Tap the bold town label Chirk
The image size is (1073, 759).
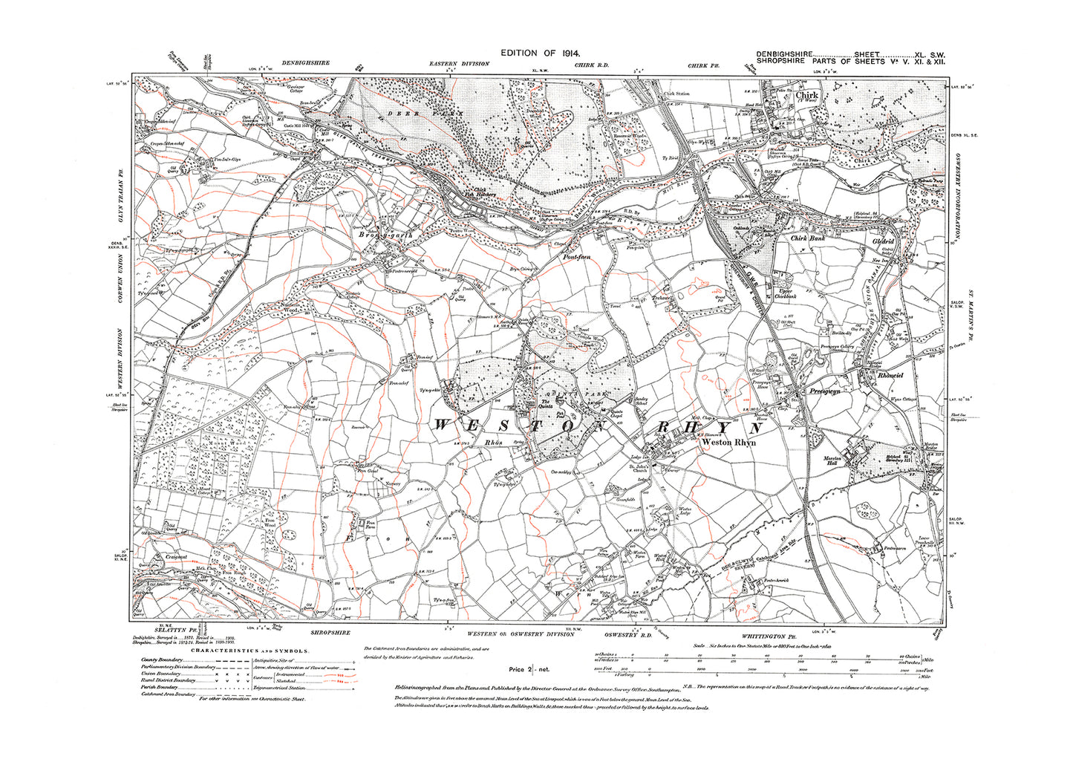(806, 96)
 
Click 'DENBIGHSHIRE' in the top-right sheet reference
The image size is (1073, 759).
(784, 55)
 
